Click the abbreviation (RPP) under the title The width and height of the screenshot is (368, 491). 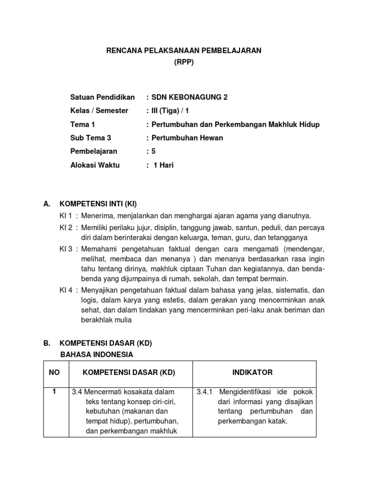[184, 62]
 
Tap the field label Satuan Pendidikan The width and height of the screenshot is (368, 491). [103, 97]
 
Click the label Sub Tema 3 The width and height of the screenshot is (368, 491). [91, 138]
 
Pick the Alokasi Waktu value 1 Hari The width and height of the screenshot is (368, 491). [164, 165]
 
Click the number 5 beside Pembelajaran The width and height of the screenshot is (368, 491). [153, 151]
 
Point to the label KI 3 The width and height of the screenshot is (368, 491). [66, 249]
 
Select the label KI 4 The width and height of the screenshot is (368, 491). [66, 290]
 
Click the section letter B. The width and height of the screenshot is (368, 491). [47, 344]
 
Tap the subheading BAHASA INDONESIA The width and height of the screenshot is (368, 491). [96, 354]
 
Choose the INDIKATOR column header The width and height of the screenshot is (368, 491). [253, 373]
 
